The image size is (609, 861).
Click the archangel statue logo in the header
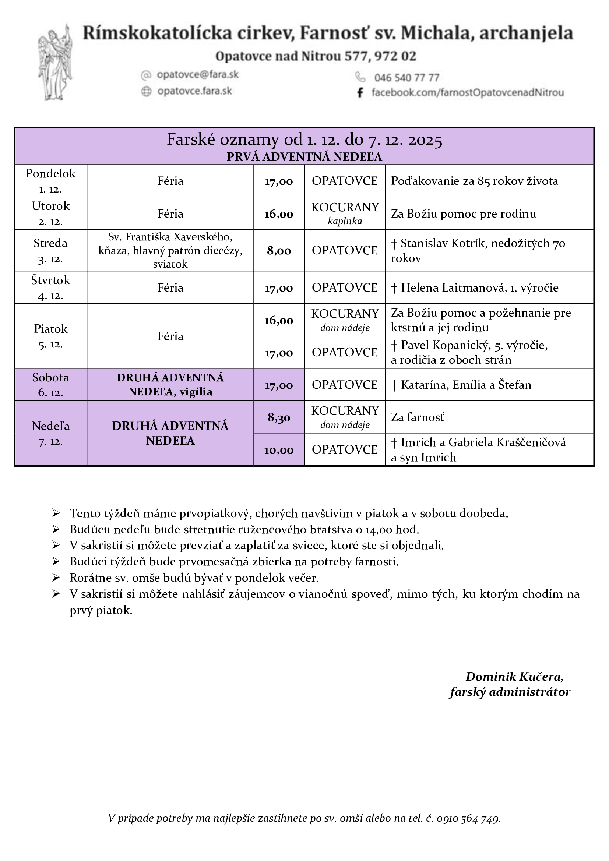[x=56, y=63]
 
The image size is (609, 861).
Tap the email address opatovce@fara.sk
[x=198, y=75]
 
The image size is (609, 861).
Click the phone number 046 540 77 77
[x=406, y=78]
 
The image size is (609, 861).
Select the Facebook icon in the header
[x=360, y=93]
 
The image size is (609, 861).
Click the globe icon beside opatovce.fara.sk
[x=146, y=91]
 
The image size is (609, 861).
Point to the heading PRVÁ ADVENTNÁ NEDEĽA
[x=304, y=157]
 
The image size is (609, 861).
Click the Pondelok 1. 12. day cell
[x=50, y=181]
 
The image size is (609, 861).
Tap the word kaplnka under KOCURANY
[x=345, y=221]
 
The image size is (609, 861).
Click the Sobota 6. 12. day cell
[x=50, y=385]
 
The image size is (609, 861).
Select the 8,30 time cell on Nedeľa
[x=279, y=417]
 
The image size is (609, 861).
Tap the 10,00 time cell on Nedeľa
[x=279, y=450]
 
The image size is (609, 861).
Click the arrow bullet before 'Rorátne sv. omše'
[x=56, y=578]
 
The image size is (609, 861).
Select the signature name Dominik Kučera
[x=514, y=677]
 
